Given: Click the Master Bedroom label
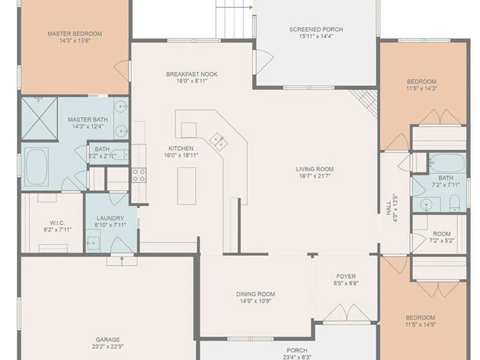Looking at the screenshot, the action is pos(75,34).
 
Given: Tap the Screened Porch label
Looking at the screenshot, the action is pos(316,29).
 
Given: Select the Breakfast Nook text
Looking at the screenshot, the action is pos(192,74).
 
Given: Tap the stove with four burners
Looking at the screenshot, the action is pos(139,175).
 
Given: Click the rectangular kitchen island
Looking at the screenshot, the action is pos(187,186).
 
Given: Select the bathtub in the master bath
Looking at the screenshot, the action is pos(37,167).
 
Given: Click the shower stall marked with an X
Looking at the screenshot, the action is pos(39,119).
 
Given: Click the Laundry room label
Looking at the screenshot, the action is pos(110,218).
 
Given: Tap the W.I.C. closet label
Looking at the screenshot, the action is pos(57,223).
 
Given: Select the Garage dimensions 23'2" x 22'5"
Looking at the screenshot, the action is pos(108,347).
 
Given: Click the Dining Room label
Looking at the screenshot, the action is pos(256,294).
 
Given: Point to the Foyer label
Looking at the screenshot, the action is pos(346,276).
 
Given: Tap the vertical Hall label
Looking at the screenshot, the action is pos(388,208).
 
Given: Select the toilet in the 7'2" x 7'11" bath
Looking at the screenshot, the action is pos(455,203).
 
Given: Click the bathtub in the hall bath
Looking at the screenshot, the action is pos(447,163).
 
